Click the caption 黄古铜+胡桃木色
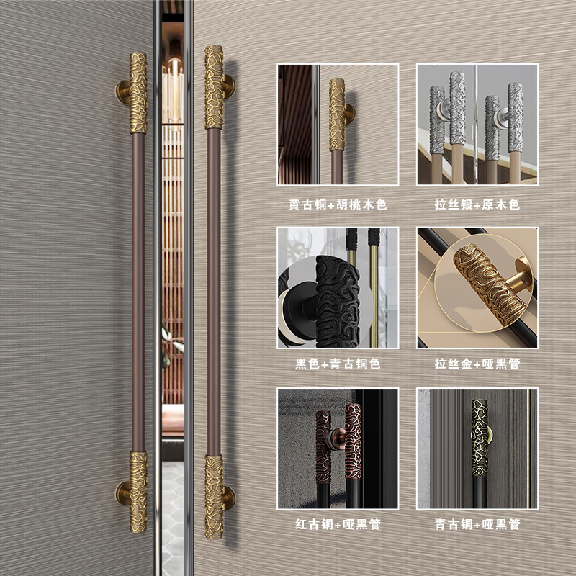pos(338,204)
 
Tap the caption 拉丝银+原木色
pos(477,204)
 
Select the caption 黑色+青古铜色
pos(338,364)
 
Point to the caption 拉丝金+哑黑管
pos(477,364)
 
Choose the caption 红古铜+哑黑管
pos(338,524)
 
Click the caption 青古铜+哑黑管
pos(477,524)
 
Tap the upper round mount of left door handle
pos(122,92)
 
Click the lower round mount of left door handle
pos(122,493)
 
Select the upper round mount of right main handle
pos(229,86)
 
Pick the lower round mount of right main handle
pos(229,498)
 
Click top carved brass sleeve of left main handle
pos(138,93)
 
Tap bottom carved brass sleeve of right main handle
pos(214,497)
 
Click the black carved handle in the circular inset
pos(337,302)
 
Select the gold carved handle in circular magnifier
pos(490,284)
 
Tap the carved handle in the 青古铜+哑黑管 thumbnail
pos(480,438)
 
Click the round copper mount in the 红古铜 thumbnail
pos(338,439)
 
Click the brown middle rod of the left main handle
pos(138,292)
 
